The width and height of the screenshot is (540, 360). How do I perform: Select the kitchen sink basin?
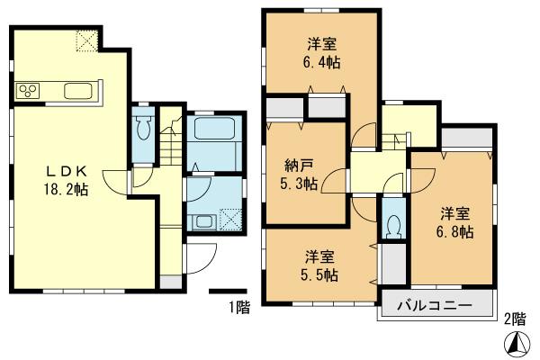[75, 91]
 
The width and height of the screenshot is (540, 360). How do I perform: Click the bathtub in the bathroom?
[214, 128]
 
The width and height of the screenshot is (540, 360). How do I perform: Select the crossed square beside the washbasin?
[230, 219]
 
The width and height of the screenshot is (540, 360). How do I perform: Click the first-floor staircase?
[171, 144]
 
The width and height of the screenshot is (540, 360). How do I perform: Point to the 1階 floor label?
[238, 308]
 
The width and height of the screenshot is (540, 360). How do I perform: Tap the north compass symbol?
[517, 343]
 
